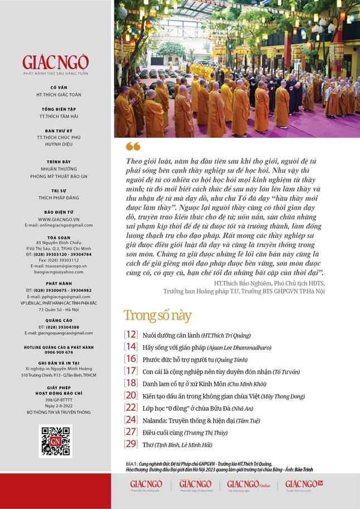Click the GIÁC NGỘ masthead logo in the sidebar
pos(55,62)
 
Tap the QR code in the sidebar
pos(55,441)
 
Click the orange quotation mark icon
pos(133,146)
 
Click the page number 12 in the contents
pos(131,335)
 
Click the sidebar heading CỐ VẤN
pos(58,87)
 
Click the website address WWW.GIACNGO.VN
pos(58,219)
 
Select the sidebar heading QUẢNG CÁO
pos(58,320)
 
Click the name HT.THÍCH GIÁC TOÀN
pos(58,94)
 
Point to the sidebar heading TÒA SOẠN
pos(58,237)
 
